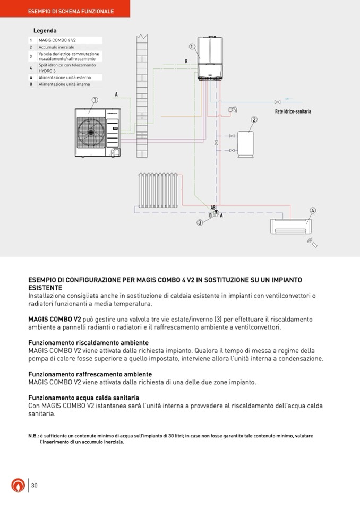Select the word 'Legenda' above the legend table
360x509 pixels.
pyautogui.click(x=45, y=31)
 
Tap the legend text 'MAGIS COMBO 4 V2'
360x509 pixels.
pyautogui.click(x=57, y=40)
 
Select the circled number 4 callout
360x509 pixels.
pyautogui.click(x=313, y=210)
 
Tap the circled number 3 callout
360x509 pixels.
pyautogui.click(x=200, y=223)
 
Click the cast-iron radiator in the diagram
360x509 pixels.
pyautogui.click(x=158, y=190)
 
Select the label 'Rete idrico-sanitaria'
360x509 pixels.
pyautogui.click(x=293, y=111)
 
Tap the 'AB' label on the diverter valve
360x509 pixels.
pyautogui.click(x=213, y=207)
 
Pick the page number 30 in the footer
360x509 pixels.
pyautogui.click(x=34, y=485)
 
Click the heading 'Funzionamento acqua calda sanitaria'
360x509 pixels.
pyautogui.click(x=83, y=398)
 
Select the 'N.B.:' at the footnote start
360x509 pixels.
pyautogui.click(x=33, y=436)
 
